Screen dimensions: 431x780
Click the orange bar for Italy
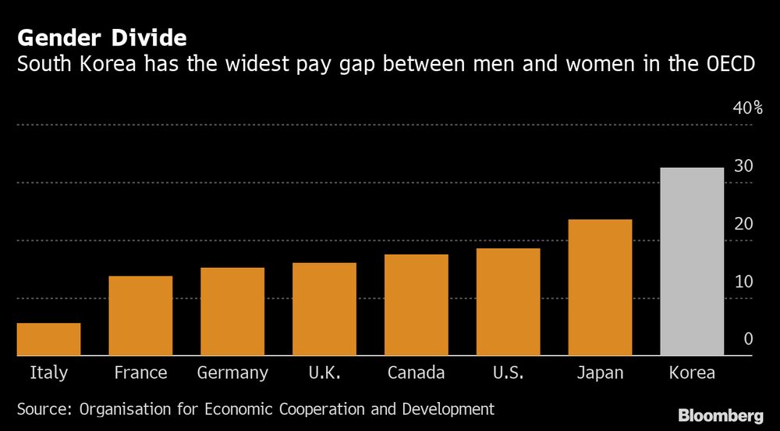(x=48, y=339)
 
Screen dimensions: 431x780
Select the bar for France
(x=140, y=315)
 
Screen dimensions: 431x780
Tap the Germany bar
(x=232, y=312)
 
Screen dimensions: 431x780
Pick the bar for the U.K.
(x=324, y=309)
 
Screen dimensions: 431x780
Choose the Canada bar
(x=417, y=305)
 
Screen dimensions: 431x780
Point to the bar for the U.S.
(x=509, y=301)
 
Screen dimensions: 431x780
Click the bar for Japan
(x=600, y=287)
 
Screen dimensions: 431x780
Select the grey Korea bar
(x=692, y=262)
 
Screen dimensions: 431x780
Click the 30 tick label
(x=743, y=166)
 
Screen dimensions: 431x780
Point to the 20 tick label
(x=743, y=224)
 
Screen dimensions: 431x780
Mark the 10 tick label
(x=743, y=282)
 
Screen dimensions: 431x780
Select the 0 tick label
(x=748, y=339)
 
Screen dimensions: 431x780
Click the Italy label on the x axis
(x=48, y=372)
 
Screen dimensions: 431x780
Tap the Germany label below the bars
(x=232, y=372)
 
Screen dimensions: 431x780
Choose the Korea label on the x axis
(x=692, y=372)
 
